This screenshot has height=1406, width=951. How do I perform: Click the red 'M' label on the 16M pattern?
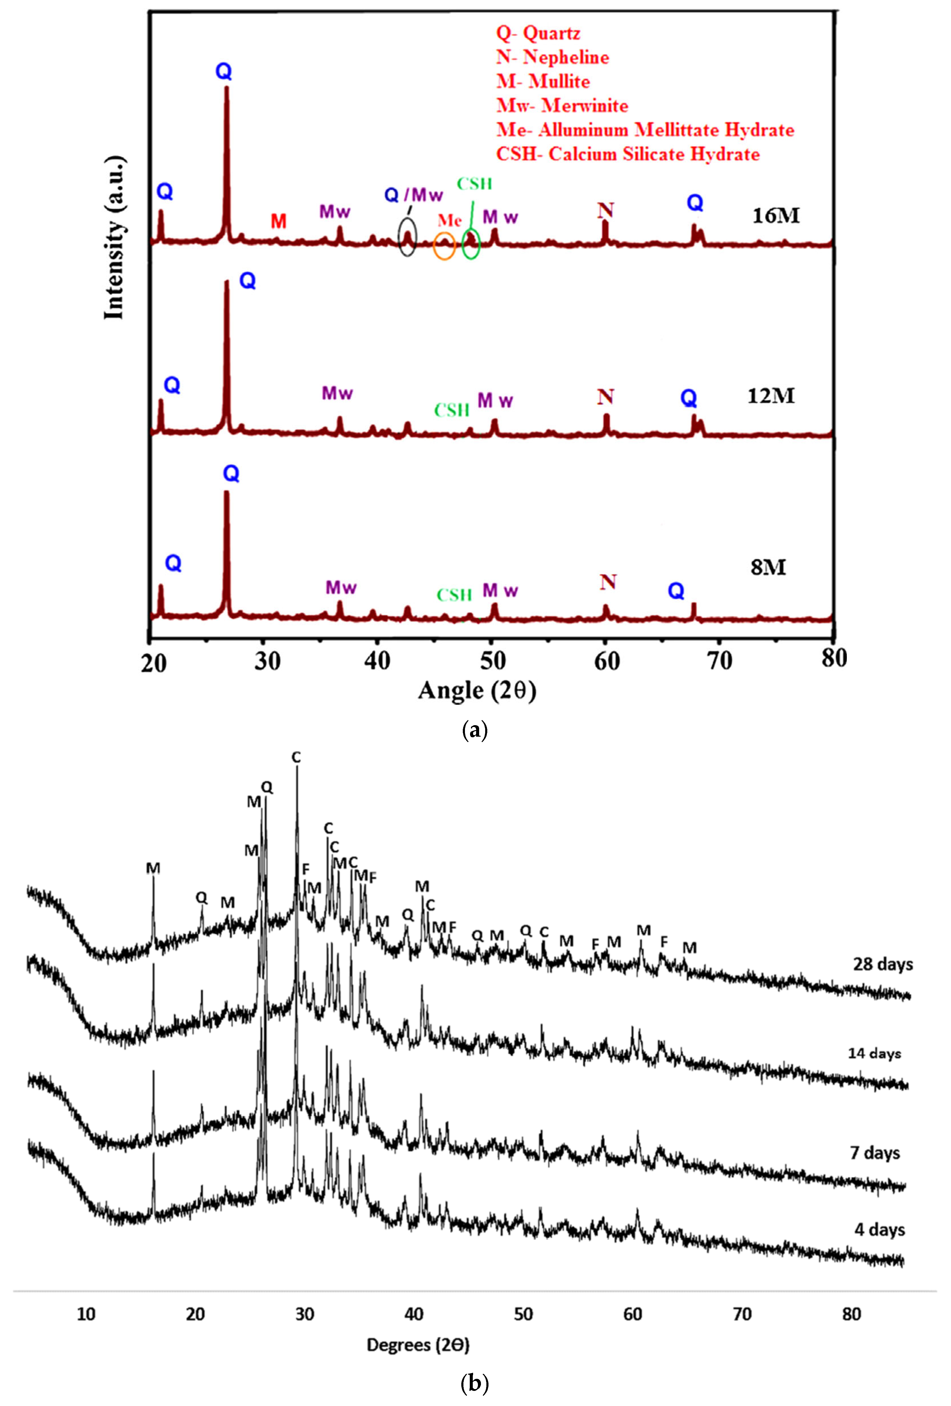[x=278, y=221]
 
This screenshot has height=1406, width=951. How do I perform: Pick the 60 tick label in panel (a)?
[x=607, y=661]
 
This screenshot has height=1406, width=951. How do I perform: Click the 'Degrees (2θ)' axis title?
[x=418, y=1344]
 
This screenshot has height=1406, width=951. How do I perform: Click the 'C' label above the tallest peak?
[x=296, y=757]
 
